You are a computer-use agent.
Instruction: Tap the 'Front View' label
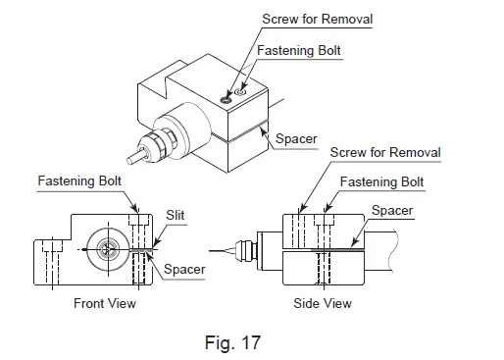coord(105,303)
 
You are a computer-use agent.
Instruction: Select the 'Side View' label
coord(323,303)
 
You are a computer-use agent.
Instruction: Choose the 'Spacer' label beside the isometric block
coord(294,139)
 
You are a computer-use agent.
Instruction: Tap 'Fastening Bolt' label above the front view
coord(79,181)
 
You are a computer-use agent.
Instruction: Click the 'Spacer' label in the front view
coord(184,269)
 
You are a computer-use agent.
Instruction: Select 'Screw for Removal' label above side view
coord(385,153)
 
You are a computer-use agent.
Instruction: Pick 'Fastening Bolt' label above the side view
coord(381,182)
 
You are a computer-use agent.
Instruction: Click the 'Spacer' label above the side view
coord(392,210)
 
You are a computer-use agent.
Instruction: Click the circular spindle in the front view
coord(109,249)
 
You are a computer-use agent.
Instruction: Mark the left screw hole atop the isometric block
coord(227,98)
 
